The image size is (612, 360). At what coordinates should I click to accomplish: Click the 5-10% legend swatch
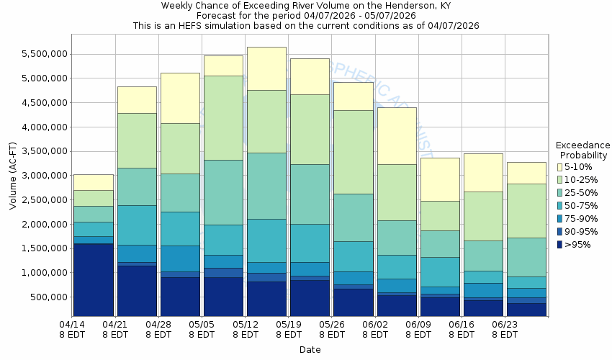click(559, 167)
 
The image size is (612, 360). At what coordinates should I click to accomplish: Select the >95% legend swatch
click(559, 245)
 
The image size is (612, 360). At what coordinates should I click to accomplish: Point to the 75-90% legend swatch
click(559, 219)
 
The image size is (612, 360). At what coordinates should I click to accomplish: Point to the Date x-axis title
click(310, 349)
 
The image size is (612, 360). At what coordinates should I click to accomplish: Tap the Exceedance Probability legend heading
click(583, 150)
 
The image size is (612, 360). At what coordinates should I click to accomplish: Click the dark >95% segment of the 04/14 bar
click(94, 280)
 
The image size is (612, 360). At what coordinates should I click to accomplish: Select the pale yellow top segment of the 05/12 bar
click(266, 68)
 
